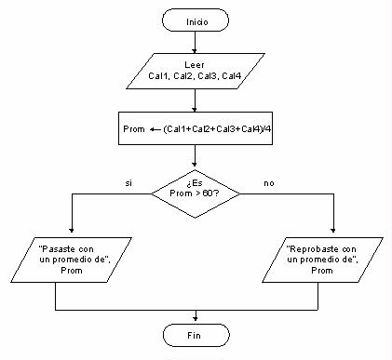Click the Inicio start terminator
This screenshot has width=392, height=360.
point(196,20)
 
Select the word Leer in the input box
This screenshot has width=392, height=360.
point(195,65)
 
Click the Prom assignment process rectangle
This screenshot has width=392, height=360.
point(196,128)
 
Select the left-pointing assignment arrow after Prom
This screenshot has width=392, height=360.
point(154,128)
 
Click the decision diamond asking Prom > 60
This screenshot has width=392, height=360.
point(196,194)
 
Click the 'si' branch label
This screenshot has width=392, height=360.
point(128,183)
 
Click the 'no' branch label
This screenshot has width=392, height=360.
point(269,183)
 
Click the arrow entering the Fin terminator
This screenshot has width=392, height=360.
point(196,315)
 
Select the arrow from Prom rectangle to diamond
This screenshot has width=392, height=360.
point(196,157)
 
